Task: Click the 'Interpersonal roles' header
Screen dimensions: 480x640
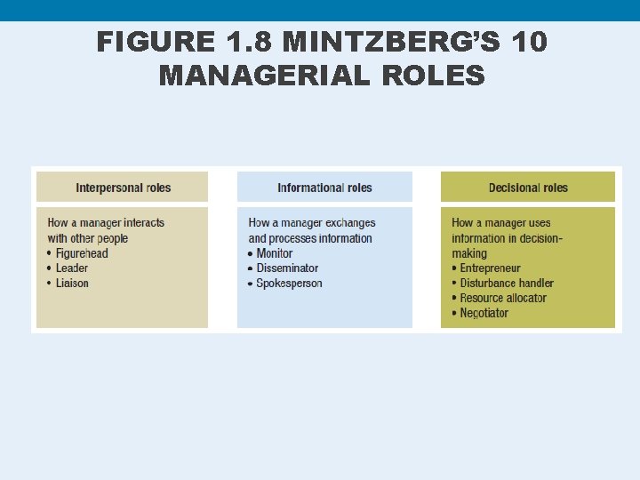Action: (124, 188)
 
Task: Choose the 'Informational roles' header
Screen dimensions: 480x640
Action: (324, 188)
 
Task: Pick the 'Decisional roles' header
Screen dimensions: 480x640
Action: (528, 188)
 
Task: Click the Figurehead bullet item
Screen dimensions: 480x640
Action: (82, 253)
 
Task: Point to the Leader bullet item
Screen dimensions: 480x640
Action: (72, 268)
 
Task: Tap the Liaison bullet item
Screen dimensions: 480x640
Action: (72, 283)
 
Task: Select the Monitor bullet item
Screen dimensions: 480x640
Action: (275, 253)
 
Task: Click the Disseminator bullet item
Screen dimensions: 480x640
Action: (287, 268)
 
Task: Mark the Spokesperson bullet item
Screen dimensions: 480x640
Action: (289, 283)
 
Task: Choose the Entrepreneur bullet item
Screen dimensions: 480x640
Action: (490, 268)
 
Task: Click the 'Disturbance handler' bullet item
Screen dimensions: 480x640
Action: (507, 283)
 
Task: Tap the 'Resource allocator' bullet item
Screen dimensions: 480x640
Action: (503, 298)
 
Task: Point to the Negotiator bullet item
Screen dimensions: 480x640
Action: (484, 313)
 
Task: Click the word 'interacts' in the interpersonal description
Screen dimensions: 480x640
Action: (144, 223)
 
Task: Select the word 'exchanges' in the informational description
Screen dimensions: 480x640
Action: (350, 223)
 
